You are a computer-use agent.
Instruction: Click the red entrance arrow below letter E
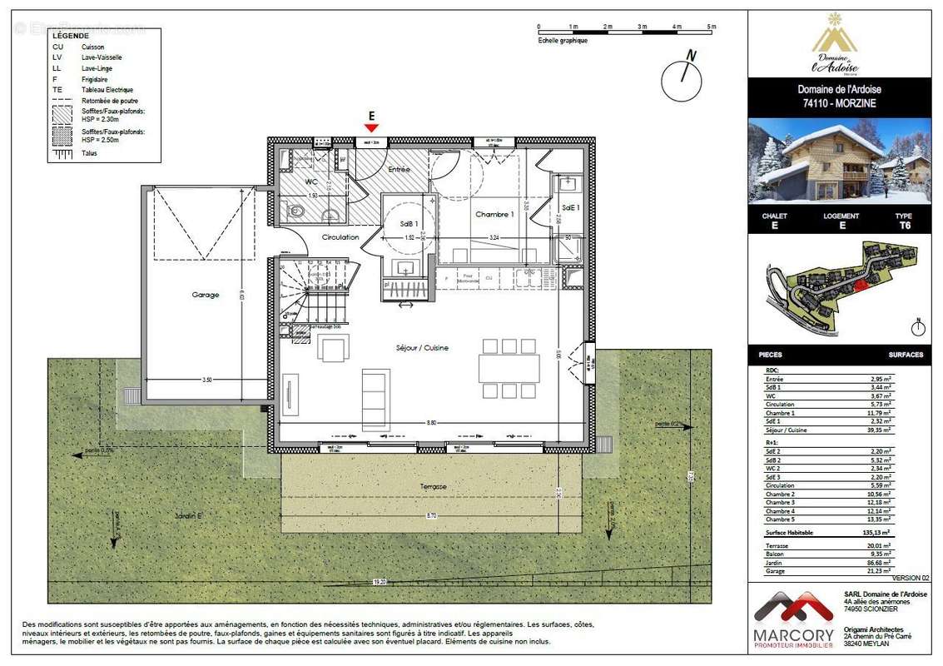pos(371,127)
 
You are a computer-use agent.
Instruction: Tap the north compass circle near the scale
pos(682,81)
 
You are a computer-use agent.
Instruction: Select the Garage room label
pos(205,295)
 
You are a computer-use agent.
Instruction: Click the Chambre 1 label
pos(494,215)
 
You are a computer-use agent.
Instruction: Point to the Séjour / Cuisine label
pos(422,347)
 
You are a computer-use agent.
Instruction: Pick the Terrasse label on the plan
pos(433,486)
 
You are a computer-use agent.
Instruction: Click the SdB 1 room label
pos(409,224)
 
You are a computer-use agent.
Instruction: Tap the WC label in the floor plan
pos(311,181)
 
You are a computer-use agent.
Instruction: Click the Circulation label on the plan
pos(340,237)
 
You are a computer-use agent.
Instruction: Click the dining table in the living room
pos(509,368)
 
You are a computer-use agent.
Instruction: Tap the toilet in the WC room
pos(296,212)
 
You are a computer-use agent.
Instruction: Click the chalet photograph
pos(838,161)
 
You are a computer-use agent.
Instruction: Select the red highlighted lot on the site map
pos(860,284)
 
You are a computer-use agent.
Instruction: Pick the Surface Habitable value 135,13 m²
pos(874,531)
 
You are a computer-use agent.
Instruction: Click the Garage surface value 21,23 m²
pos(876,570)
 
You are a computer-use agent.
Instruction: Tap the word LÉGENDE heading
pos(71,37)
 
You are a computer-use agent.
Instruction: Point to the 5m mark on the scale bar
pos(712,27)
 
